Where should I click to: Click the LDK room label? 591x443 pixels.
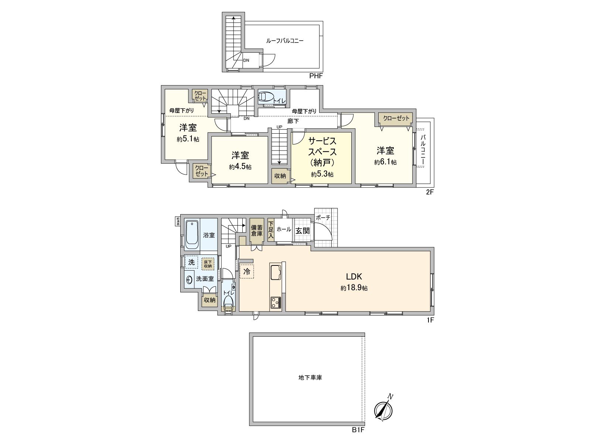coord(353,277)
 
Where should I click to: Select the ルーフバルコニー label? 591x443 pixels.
coord(285,41)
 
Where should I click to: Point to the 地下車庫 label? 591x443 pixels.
coord(310,378)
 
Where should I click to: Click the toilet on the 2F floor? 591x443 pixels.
coord(266,97)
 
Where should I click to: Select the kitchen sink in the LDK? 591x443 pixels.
coord(276,273)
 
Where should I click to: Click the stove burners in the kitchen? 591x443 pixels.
coord(276,302)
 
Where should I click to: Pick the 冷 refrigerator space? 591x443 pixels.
coord(247,272)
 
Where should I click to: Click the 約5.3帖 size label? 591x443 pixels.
coord(322,175)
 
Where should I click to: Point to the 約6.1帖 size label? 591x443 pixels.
coord(385,162)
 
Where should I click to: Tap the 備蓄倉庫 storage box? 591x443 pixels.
coord(257,231)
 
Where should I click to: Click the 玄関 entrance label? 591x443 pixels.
coord(303,231)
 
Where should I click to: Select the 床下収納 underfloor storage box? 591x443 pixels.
coord(208,264)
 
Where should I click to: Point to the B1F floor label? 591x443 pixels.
coord(358,430)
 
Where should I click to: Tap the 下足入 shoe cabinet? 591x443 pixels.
coord(271,229)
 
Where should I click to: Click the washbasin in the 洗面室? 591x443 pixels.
coord(189,280)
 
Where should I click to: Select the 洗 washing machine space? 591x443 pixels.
coord(191,262)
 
